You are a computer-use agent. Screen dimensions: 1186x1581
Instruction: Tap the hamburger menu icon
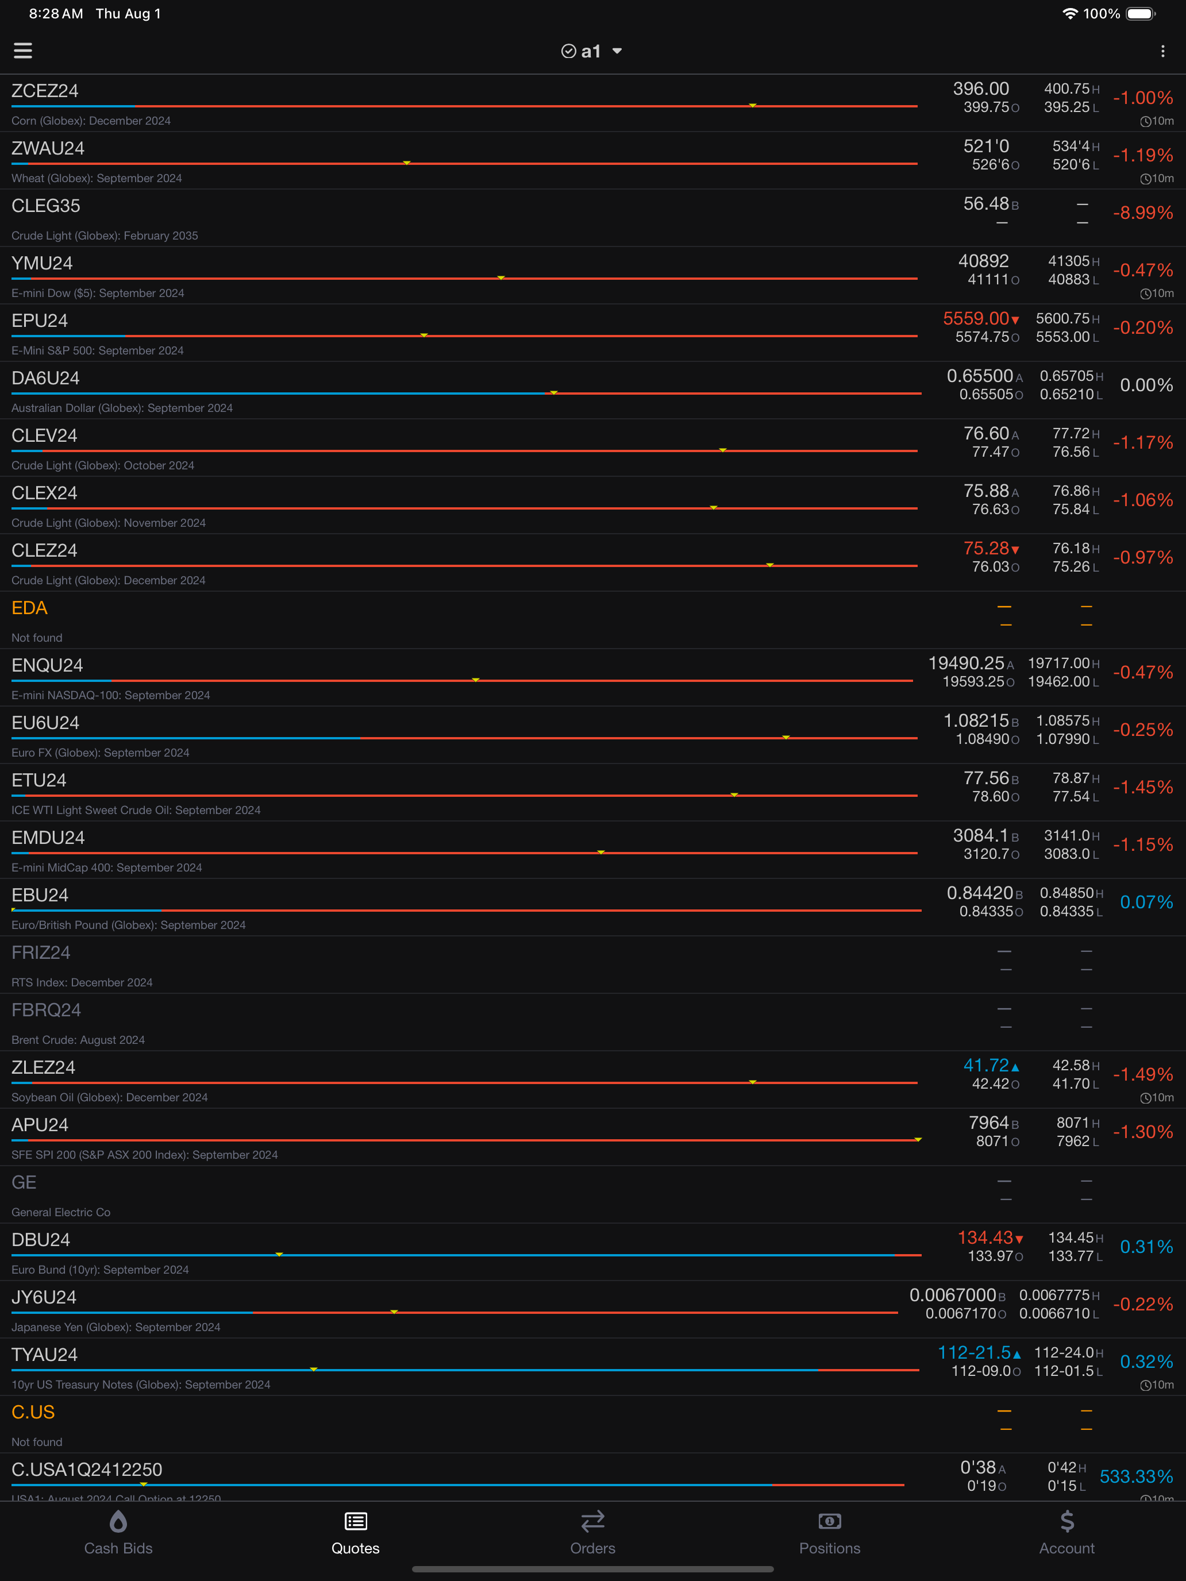[23, 51]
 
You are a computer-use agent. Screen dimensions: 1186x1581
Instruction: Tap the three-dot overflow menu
[1163, 51]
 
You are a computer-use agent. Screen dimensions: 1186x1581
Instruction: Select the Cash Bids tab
[119, 1533]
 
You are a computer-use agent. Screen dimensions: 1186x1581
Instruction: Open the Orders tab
[592, 1533]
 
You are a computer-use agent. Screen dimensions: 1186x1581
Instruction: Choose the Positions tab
[830, 1533]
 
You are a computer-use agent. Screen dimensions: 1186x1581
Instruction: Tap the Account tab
[1066, 1533]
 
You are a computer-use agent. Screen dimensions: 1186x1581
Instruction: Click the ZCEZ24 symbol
[45, 91]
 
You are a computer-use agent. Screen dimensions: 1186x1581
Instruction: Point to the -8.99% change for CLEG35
[1142, 213]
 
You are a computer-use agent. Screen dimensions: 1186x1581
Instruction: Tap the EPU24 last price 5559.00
[976, 319]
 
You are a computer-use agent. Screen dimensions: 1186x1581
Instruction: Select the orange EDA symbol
[29, 608]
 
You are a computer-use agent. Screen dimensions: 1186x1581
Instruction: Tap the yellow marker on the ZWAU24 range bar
[407, 163]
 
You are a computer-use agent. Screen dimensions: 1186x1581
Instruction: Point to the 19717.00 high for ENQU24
[1059, 664]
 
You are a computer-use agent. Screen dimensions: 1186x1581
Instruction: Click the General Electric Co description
[61, 1212]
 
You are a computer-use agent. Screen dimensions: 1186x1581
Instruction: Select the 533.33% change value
[1136, 1476]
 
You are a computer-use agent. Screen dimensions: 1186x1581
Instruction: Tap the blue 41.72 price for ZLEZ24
[986, 1066]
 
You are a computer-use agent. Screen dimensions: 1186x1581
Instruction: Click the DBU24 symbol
[41, 1240]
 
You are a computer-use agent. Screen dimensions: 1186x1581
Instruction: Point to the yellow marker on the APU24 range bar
[918, 1139]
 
